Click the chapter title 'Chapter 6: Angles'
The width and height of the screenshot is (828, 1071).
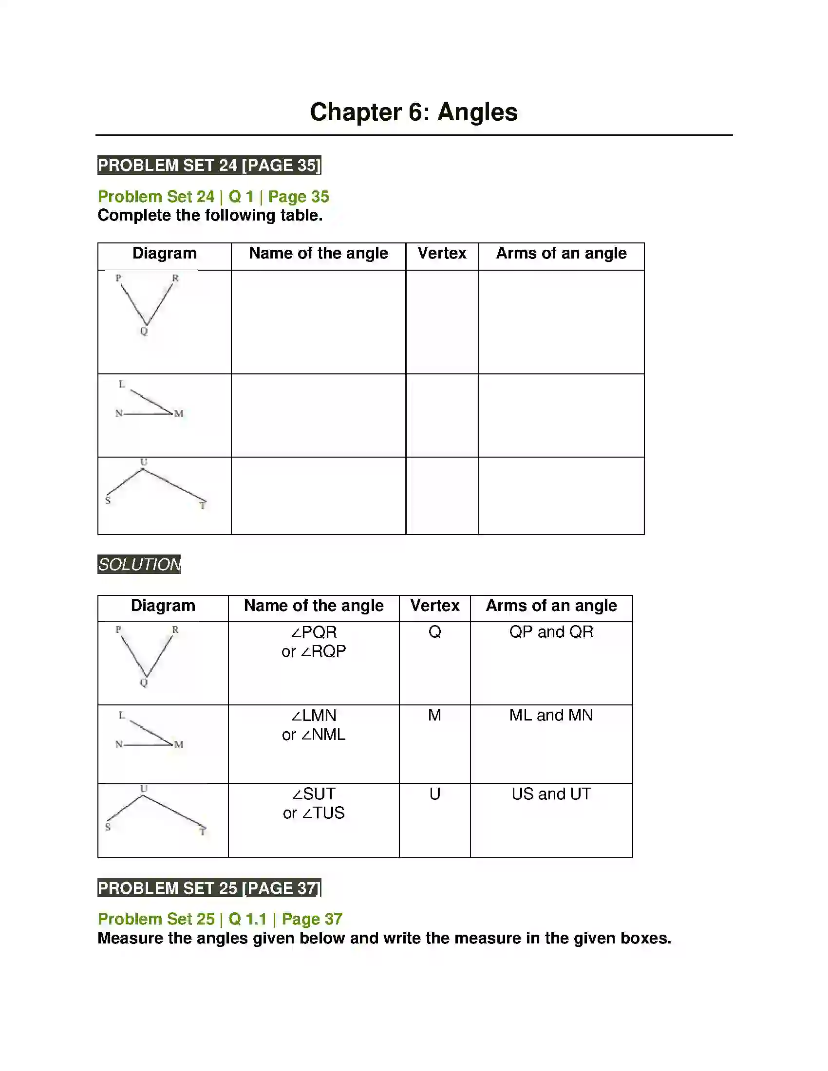414,112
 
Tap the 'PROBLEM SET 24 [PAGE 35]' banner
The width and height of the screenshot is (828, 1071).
209,165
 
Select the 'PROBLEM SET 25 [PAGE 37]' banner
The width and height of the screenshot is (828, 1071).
209,888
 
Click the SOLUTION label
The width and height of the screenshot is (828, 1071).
139,564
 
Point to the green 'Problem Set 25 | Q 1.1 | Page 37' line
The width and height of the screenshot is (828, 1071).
220,919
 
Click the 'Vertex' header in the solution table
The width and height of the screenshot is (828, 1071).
434,606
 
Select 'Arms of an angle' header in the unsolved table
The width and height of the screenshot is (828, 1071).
561,253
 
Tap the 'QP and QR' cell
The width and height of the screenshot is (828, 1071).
551,631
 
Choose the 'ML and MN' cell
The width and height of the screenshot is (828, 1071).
551,715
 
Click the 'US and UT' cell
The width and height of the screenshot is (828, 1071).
551,794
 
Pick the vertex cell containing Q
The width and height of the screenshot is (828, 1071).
434,631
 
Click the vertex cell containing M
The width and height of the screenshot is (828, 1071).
434,715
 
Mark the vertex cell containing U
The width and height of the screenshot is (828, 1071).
434,794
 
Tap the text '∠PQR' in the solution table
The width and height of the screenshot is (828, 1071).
314,632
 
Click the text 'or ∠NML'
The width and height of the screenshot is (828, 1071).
314,735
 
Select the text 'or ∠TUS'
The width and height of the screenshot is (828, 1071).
314,813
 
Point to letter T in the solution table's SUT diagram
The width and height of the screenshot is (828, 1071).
202,831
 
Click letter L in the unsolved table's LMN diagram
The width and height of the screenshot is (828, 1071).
122,384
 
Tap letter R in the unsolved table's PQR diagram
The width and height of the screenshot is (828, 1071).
175,278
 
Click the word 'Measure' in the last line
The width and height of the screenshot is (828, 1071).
130,938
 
